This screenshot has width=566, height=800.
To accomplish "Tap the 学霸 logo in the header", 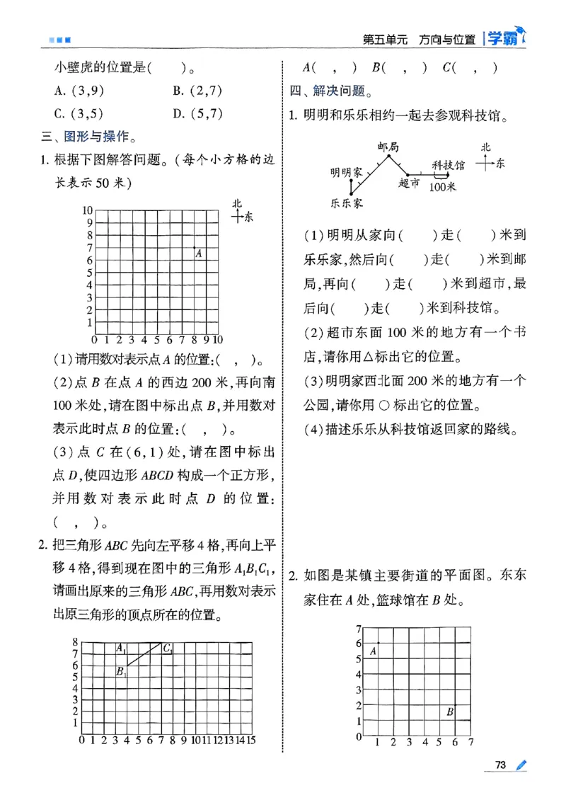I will (503, 38).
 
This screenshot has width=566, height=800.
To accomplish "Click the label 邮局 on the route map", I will (388, 147).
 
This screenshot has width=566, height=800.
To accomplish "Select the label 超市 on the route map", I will (408, 183).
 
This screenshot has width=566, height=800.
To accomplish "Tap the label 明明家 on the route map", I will (347, 171).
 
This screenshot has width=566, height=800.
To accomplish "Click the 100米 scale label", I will (443, 186).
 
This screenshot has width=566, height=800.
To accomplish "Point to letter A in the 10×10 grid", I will (199, 253).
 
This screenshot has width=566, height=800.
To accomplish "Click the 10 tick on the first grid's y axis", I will (87, 210).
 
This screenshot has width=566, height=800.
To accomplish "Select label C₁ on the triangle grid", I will (168, 647).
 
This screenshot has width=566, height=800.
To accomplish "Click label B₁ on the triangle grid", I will (121, 671).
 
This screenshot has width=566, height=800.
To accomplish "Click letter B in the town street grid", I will (449, 712).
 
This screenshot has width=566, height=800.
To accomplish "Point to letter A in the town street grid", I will (373, 651).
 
